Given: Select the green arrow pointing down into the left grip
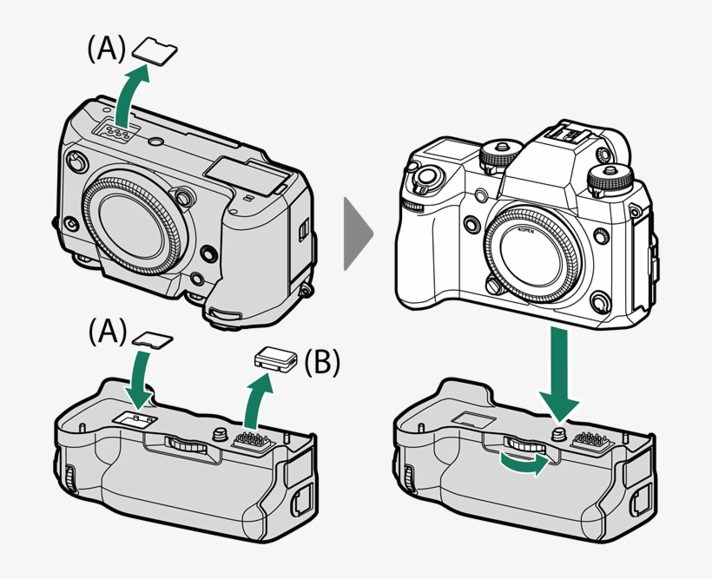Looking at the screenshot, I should click(x=139, y=382).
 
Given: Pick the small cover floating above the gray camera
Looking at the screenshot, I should click(x=159, y=51).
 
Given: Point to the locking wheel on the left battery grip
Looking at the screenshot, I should click(x=186, y=445).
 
